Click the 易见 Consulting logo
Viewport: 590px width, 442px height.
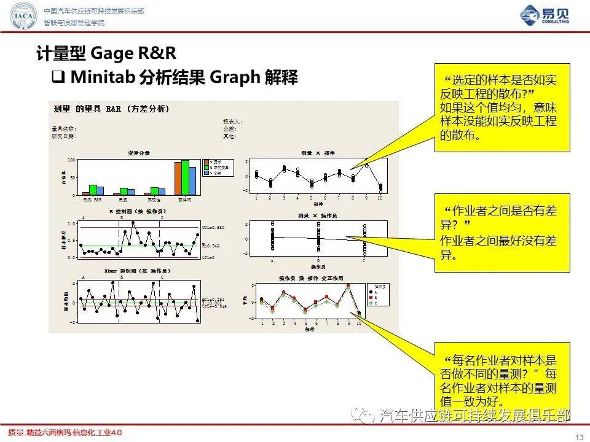pyautogui.click(x=544, y=16)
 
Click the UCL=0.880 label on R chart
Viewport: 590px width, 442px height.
pyautogui.click(x=213, y=227)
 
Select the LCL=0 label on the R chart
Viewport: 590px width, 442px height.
pyautogui.click(x=209, y=257)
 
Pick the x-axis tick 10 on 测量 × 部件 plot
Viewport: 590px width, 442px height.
pyautogui.click(x=380, y=198)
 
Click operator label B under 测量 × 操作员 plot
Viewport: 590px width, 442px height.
pyautogui.click(x=318, y=261)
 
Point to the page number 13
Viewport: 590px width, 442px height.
pyautogui.click(x=578, y=436)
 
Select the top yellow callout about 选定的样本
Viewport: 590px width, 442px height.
pyautogui.click(x=502, y=107)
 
